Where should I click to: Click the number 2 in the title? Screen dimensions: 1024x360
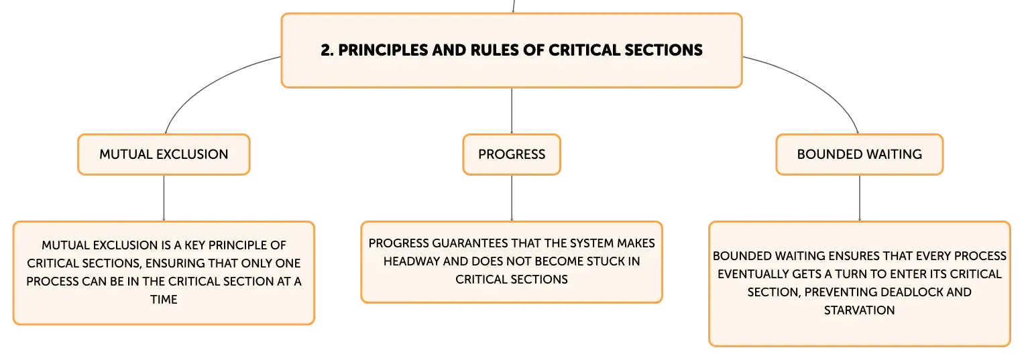(x=326, y=50)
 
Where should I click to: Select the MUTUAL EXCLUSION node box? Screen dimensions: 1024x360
(x=164, y=154)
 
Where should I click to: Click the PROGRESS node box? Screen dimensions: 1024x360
(x=512, y=154)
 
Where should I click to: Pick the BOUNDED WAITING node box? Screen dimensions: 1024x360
(x=860, y=154)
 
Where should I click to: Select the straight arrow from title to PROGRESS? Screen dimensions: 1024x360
(x=512, y=111)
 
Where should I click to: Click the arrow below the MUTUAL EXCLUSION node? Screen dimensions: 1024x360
(x=164, y=198)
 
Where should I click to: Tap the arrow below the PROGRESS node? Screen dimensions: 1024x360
(x=512, y=198)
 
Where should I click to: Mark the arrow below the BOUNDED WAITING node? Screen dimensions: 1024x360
(x=860, y=198)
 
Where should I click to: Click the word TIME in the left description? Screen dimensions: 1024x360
(x=164, y=300)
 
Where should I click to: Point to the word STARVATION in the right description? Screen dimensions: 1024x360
(x=860, y=310)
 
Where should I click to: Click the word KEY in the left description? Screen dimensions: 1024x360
(x=194, y=245)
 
